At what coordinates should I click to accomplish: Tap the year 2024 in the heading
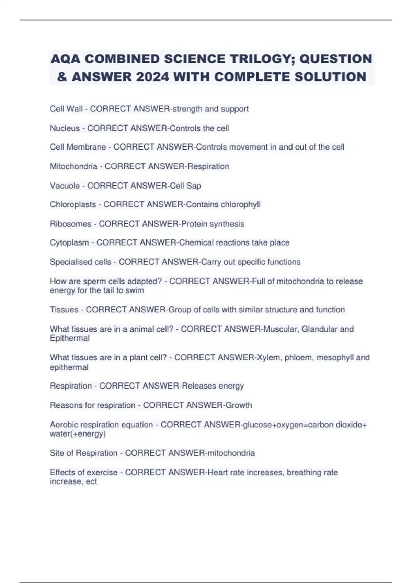152,77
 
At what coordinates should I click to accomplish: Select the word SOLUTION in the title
330,77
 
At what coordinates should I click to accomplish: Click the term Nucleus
65,128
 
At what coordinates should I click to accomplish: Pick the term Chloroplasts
73,205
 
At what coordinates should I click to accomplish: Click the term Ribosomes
70,224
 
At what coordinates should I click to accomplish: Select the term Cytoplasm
69,243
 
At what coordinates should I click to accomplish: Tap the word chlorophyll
240,205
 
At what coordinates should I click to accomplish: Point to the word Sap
194,186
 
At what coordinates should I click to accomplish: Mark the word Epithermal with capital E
70,338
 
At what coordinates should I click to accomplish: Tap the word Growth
239,405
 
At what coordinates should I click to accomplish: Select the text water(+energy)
78,434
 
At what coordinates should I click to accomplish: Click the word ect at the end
92,482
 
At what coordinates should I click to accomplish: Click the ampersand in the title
62,77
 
